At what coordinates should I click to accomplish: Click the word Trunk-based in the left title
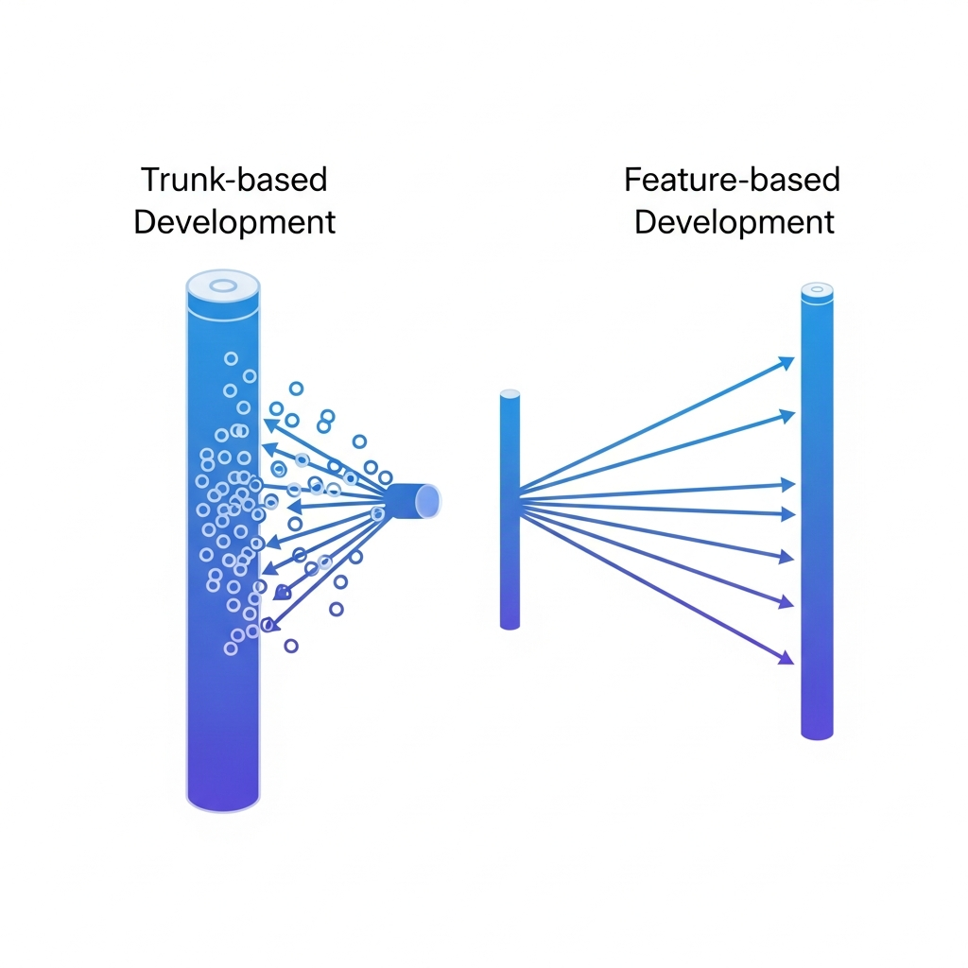(x=233, y=180)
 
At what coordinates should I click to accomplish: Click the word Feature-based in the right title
(x=732, y=180)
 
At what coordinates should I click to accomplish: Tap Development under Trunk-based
(x=233, y=222)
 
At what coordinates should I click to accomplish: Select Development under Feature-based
(x=734, y=222)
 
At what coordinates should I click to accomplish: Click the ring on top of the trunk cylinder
(x=223, y=285)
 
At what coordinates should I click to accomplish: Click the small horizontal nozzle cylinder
(x=414, y=500)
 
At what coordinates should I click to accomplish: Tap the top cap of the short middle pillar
(x=510, y=394)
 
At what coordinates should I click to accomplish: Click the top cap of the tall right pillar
(x=817, y=290)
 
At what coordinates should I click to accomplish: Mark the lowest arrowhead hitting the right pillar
(x=786, y=659)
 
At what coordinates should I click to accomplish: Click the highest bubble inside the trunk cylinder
(x=231, y=358)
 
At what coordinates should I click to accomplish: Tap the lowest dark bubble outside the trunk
(x=291, y=646)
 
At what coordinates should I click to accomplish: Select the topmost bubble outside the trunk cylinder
(x=296, y=388)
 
